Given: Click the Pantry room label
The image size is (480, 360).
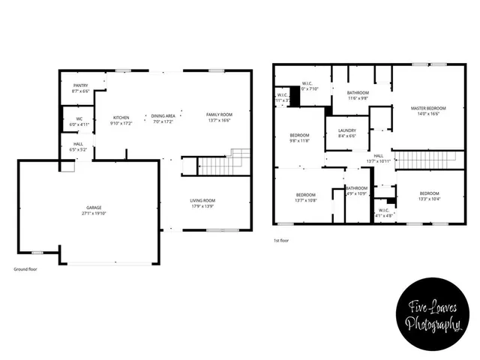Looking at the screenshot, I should click(x=80, y=85).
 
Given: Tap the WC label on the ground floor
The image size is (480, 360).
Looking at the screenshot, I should click(x=79, y=118).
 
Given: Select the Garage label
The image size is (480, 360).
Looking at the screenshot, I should click(x=94, y=207).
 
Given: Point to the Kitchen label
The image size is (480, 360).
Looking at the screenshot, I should click(x=121, y=118).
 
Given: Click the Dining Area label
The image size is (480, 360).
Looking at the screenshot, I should click(x=163, y=115).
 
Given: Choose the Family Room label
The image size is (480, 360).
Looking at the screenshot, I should click(x=219, y=115).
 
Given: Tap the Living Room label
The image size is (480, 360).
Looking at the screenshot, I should click(x=202, y=200).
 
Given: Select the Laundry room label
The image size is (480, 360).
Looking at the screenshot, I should click(x=346, y=130).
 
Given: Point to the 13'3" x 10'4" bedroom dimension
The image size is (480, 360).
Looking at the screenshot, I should click(x=430, y=199).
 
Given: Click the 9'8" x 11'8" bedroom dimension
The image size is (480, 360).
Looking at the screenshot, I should click(x=299, y=140).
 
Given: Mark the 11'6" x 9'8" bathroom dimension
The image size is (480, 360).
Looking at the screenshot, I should click(x=357, y=98).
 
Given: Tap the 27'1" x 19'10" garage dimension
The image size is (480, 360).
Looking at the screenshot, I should click(x=94, y=213).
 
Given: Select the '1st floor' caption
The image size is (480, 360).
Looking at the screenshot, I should click(x=283, y=241).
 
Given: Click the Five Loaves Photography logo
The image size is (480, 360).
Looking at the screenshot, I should click(x=433, y=316).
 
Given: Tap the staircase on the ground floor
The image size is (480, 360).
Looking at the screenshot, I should click(x=223, y=164).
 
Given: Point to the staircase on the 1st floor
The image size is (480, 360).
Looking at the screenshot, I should click(x=424, y=160).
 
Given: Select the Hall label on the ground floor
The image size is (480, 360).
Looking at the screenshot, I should click(x=78, y=144).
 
